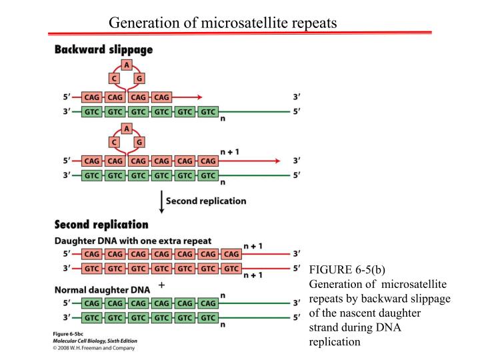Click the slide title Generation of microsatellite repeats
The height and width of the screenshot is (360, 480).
click(x=223, y=23)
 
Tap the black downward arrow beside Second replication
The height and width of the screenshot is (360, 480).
click(x=161, y=201)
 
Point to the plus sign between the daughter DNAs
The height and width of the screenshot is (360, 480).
click(x=161, y=284)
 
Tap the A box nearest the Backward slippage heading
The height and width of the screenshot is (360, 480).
click(x=127, y=65)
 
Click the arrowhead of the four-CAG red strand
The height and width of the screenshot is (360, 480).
click(x=198, y=97)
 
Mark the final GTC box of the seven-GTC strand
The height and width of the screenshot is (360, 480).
click(x=231, y=268)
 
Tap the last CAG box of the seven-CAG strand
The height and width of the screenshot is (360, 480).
click(x=231, y=254)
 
